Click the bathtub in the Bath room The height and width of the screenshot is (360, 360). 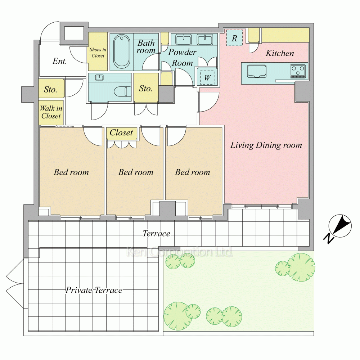pos(122,51)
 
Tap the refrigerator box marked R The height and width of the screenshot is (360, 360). pos(234,38)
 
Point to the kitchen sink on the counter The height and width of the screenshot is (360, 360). pos(257,71)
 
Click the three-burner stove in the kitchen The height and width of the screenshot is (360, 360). pos(298,71)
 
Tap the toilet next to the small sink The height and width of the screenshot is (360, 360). pos(123,91)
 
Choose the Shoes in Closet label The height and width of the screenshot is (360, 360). pos(98,53)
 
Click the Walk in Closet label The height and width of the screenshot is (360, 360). pos(51,112)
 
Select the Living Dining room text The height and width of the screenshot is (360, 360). pos(266,145)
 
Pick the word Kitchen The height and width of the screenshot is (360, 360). pos(280,53)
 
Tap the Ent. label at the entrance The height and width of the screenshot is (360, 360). pos(59,61)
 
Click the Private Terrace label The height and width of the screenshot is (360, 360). pos(94,290)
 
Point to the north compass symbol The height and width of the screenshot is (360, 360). pos(340,226)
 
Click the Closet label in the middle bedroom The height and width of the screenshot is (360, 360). pos(121,132)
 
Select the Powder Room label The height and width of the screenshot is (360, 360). pos(182,57)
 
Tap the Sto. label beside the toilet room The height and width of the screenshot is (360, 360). pos(146,89)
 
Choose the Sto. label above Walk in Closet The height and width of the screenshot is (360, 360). pos(50,89)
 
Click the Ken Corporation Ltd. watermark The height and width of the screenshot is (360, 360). pos(180,252)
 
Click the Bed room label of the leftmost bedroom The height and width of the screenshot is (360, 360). pos(71,172)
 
